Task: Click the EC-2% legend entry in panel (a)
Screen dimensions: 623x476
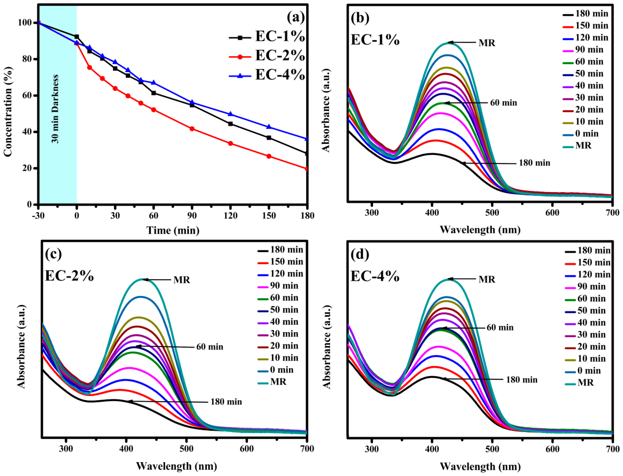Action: coord(266,56)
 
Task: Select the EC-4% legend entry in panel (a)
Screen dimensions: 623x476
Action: coord(266,75)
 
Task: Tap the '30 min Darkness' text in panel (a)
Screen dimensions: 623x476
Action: coord(55,108)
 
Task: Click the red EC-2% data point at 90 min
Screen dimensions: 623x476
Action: coord(192,129)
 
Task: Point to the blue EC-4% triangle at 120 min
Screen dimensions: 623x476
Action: coord(230,114)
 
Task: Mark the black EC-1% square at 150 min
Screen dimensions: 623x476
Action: coord(269,138)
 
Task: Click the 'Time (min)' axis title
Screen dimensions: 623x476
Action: coord(173,230)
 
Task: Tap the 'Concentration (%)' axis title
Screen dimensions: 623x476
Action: coord(8,111)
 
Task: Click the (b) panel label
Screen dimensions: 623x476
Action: coord(360,18)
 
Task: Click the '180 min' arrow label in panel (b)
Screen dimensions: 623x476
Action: coord(534,163)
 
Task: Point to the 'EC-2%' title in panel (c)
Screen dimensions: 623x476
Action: coord(69,275)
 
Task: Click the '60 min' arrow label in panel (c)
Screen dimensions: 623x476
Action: coord(210,347)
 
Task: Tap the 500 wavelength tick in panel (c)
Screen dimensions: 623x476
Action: coord(186,449)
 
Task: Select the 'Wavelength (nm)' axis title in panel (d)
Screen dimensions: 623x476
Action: coord(480,466)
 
